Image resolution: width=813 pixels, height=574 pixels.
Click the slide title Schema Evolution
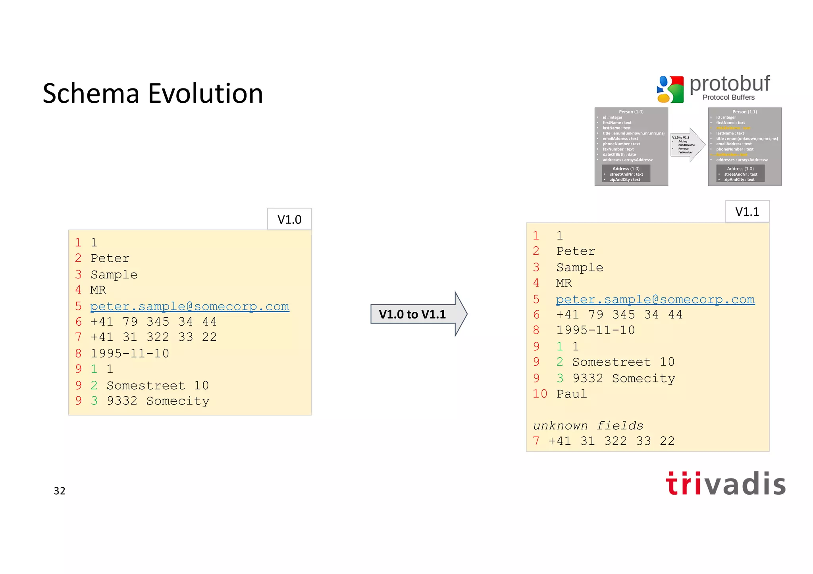click(x=153, y=94)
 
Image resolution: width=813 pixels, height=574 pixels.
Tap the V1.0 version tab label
click(x=289, y=219)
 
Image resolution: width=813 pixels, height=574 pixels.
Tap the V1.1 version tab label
click(x=747, y=211)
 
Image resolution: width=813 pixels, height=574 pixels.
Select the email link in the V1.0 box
click(x=190, y=306)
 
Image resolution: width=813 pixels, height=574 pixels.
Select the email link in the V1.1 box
click(x=655, y=299)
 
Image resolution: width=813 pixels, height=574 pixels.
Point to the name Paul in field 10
click(x=571, y=394)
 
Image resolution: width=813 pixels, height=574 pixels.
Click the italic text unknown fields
click(x=588, y=426)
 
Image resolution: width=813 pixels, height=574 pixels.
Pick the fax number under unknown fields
click(x=611, y=441)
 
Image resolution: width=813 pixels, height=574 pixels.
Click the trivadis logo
click(x=726, y=484)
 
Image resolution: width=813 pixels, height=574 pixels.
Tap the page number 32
click(x=60, y=491)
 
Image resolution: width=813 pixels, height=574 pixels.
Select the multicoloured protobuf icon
click(x=670, y=89)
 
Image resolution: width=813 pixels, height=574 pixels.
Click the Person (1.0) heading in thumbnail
click(x=631, y=112)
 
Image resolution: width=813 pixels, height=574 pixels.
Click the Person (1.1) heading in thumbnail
click(x=744, y=112)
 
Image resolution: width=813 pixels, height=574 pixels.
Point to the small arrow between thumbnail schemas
click(x=688, y=145)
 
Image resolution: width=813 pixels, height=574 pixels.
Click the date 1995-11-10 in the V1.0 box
click(x=130, y=353)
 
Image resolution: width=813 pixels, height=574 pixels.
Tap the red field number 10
click(x=540, y=394)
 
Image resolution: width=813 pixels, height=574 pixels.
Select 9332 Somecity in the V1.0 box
click(x=158, y=401)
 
